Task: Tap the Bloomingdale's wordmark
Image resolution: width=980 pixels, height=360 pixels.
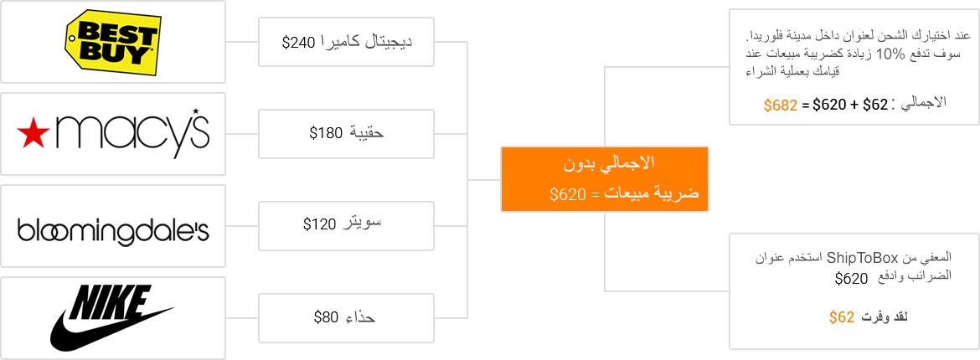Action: click(113, 230)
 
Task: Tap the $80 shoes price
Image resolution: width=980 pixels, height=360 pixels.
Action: click(327, 316)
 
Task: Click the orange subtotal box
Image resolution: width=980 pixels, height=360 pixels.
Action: click(604, 178)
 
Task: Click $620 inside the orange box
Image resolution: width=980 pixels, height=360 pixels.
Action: click(566, 194)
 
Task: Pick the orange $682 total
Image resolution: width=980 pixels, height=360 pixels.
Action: click(781, 105)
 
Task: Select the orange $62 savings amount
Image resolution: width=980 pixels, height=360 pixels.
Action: click(842, 316)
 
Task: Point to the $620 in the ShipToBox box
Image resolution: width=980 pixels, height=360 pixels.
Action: click(851, 278)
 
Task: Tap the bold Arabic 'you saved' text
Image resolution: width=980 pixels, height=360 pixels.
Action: click(890, 317)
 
